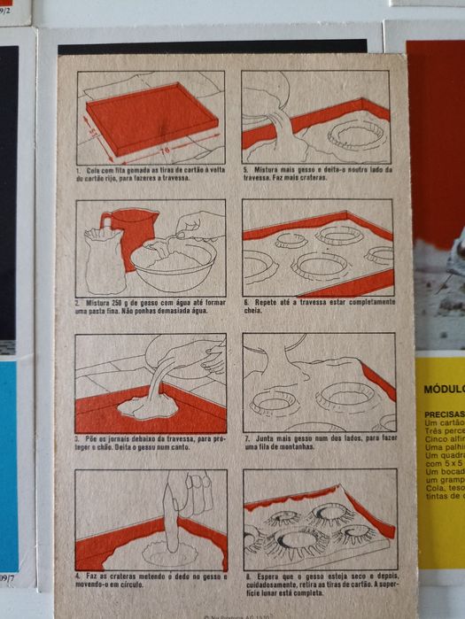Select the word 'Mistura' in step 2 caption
tap(97, 302)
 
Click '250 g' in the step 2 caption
tap(124, 302)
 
